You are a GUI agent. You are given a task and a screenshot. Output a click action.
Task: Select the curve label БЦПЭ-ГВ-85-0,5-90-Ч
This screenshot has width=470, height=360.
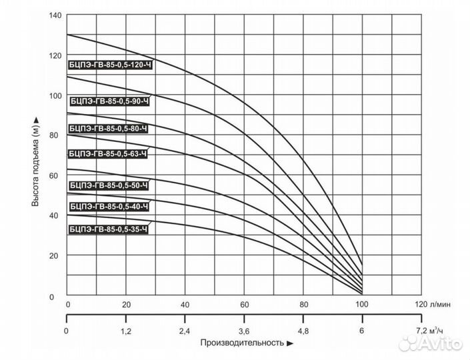tap(109, 101)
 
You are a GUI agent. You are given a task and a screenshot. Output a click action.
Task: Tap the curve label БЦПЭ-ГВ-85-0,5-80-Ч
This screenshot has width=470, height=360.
tap(108, 128)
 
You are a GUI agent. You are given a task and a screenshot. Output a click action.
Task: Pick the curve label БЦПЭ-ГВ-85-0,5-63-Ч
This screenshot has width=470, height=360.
tap(108, 154)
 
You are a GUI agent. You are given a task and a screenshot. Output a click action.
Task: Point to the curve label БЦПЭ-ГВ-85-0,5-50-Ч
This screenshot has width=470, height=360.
tap(108, 185)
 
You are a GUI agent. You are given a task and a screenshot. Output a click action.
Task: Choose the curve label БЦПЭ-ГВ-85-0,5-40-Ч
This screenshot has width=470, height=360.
tap(108, 207)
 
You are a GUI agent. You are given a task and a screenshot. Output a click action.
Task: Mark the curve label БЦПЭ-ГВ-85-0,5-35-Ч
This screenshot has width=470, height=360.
tap(108, 230)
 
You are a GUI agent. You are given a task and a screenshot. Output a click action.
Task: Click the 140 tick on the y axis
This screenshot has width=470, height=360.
tap(55, 15)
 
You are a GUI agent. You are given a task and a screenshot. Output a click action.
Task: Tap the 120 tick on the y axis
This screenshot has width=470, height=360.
tap(55, 55)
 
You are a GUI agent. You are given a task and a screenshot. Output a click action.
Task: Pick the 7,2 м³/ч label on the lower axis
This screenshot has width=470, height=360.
tap(429, 330)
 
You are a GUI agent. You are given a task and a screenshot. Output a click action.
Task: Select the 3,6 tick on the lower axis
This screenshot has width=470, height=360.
tap(243, 330)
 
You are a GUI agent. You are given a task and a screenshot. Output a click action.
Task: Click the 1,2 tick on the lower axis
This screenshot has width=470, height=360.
tap(125, 330)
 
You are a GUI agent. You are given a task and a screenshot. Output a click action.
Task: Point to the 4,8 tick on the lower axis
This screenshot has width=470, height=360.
tap(303, 330)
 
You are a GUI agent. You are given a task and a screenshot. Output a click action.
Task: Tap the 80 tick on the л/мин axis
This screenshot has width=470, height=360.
tap(303, 304)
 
